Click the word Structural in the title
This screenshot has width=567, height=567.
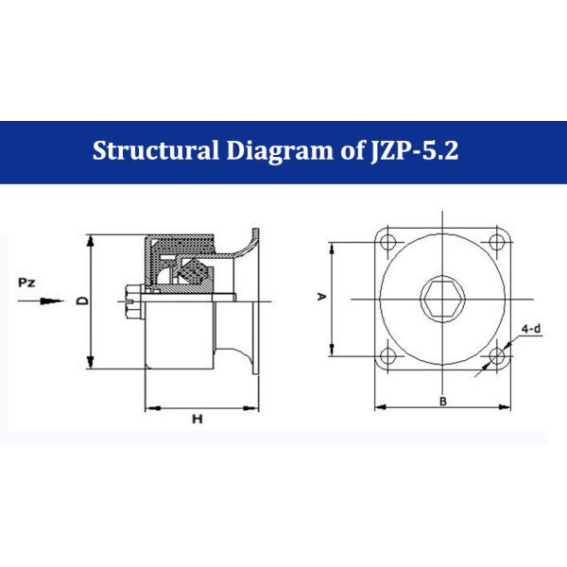[x=156, y=150]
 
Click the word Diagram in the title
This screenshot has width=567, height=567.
[x=279, y=151]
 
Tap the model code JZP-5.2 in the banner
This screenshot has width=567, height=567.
[x=415, y=150]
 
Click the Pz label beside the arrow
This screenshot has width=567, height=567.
[x=26, y=283]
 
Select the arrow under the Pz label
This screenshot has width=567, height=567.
[x=41, y=301]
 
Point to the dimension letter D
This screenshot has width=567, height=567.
[x=83, y=301]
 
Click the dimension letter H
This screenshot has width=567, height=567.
[x=198, y=419]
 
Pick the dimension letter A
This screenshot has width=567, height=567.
[x=321, y=297]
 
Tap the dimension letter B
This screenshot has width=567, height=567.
[x=443, y=402]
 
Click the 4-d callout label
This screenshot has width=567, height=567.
[x=531, y=329]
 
